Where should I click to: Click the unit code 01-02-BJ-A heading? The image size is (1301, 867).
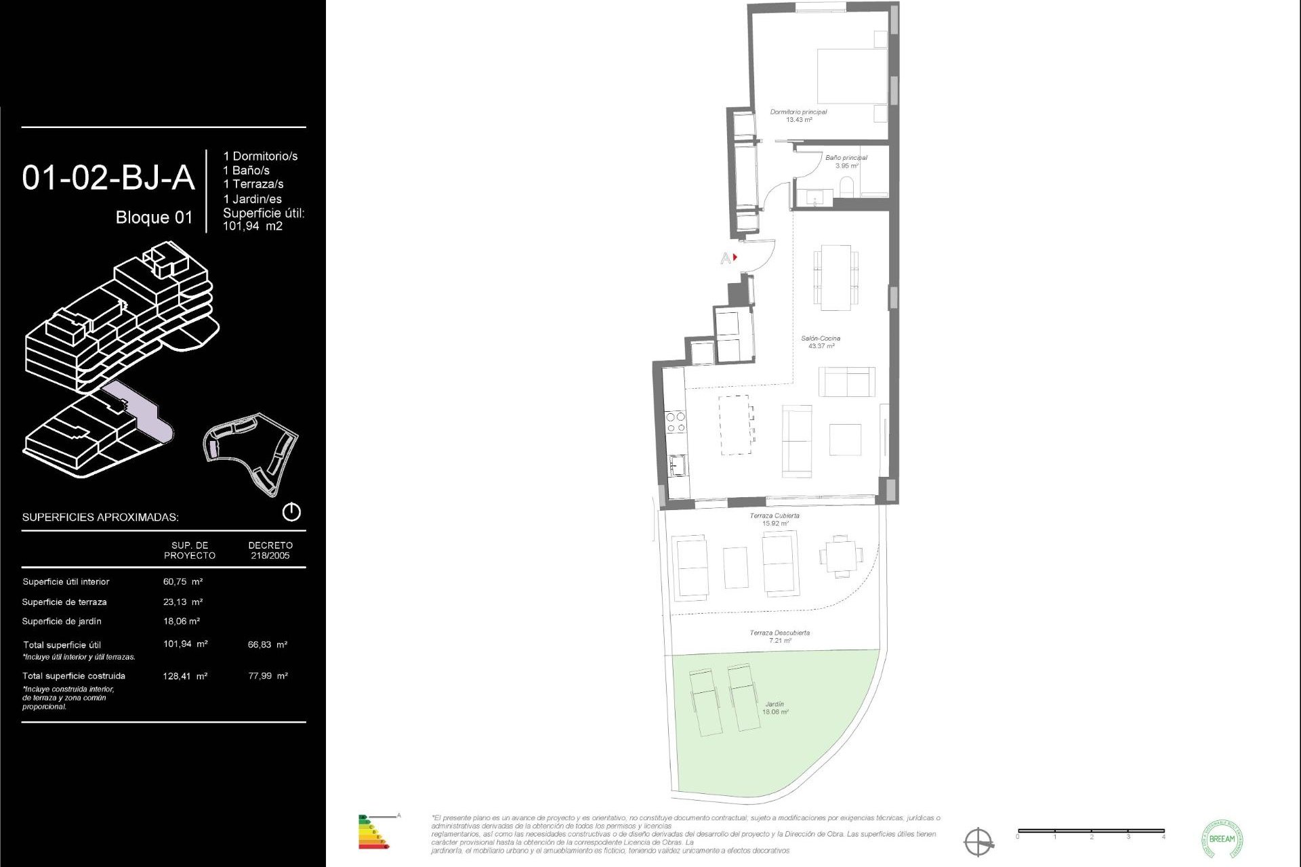point(108,178)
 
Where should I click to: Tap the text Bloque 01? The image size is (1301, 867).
point(154,217)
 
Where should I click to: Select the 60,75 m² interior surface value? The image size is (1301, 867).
point(182,581)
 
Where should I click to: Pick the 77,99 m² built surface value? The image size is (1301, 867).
point(268,675)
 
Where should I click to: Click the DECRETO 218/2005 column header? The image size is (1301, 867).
point(270,550)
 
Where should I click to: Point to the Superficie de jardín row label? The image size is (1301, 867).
point(62,621)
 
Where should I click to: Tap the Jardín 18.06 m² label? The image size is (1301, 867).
point(775,708)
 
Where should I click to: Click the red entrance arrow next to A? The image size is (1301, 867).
point(735,257)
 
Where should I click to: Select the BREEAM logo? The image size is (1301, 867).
point(1222,839)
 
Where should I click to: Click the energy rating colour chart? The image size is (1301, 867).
point(373,832)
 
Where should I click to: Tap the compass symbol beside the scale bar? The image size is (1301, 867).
point(978,842)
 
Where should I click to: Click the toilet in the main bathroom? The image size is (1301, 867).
point(847,187)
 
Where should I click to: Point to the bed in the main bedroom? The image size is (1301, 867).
point(852,76)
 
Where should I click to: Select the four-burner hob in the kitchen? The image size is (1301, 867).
point(676,422)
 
